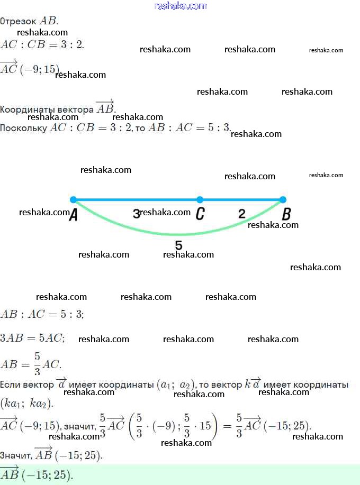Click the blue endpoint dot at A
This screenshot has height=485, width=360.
tap(73, 200)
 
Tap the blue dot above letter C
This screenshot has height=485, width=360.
tap(200, 200)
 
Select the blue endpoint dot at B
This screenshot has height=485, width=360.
tap(283, 200)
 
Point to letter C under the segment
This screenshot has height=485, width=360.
tap(200, 214)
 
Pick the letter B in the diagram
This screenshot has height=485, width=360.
tap(286, 214)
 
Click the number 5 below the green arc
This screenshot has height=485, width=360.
tap(178, 245)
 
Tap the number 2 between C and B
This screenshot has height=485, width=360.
tap(242, 214)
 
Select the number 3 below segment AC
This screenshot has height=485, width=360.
tap(136, 214)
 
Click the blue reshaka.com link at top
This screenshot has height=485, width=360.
tap(180, 6)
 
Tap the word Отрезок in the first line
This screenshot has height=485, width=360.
tap(19, 22)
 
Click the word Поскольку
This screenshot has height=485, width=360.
tap(23, 128)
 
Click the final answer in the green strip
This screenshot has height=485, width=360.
tap(37, 474)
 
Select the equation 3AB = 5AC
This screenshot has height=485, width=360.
tap(33, 338)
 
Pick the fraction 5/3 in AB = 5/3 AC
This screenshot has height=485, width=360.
tap(37, 364)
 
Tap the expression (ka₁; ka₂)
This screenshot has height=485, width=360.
tap(27, 404)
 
